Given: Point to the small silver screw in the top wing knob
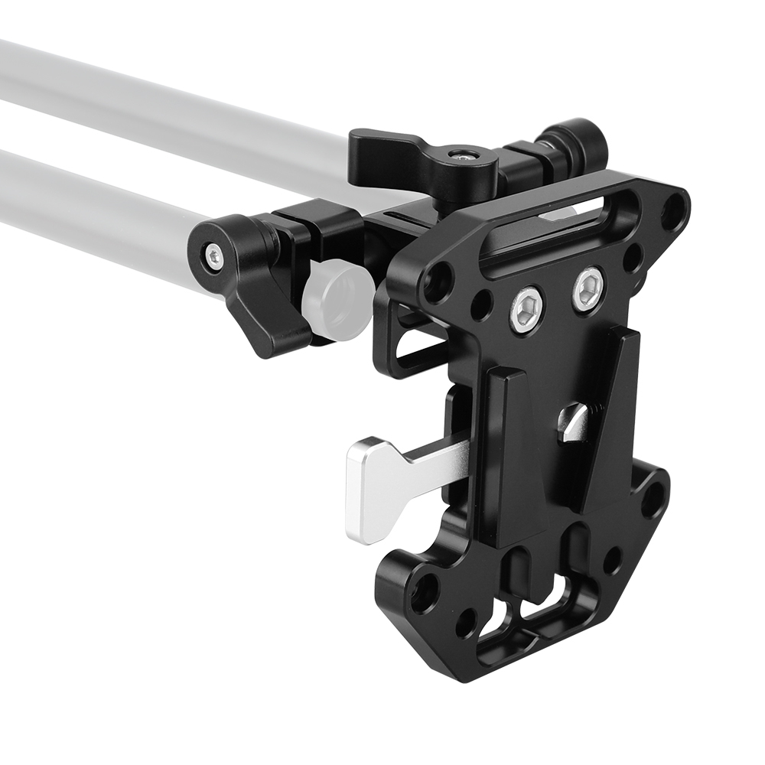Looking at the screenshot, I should pyautogui.click(x=464, y=155).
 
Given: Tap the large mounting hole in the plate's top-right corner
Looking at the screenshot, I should pyautogui.click(x=673, y=210).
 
